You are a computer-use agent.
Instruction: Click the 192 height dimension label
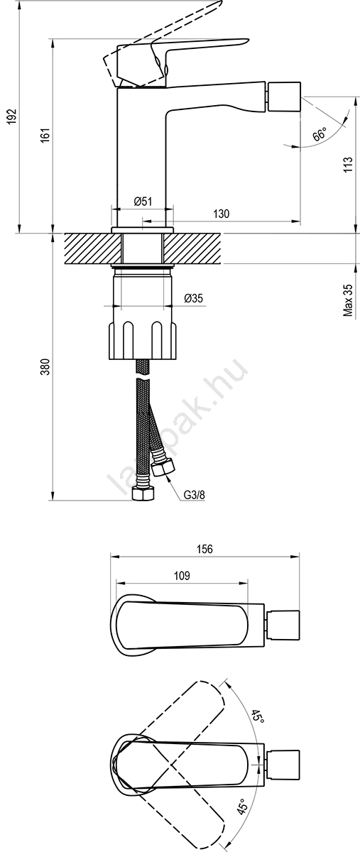pos(11,116)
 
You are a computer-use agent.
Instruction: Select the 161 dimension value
pos(45,136)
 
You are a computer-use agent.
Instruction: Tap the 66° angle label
pos(320,135)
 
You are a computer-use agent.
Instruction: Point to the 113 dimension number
pos(348,164)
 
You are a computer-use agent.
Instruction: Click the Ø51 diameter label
pos(143,201)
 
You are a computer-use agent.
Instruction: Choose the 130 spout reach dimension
pos(221,214)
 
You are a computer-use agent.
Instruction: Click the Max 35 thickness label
pos(348,300)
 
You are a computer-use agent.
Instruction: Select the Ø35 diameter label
pos(194,298)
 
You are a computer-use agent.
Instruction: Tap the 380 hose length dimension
pos(45,366)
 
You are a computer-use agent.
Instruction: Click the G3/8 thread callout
pos(195,495)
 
